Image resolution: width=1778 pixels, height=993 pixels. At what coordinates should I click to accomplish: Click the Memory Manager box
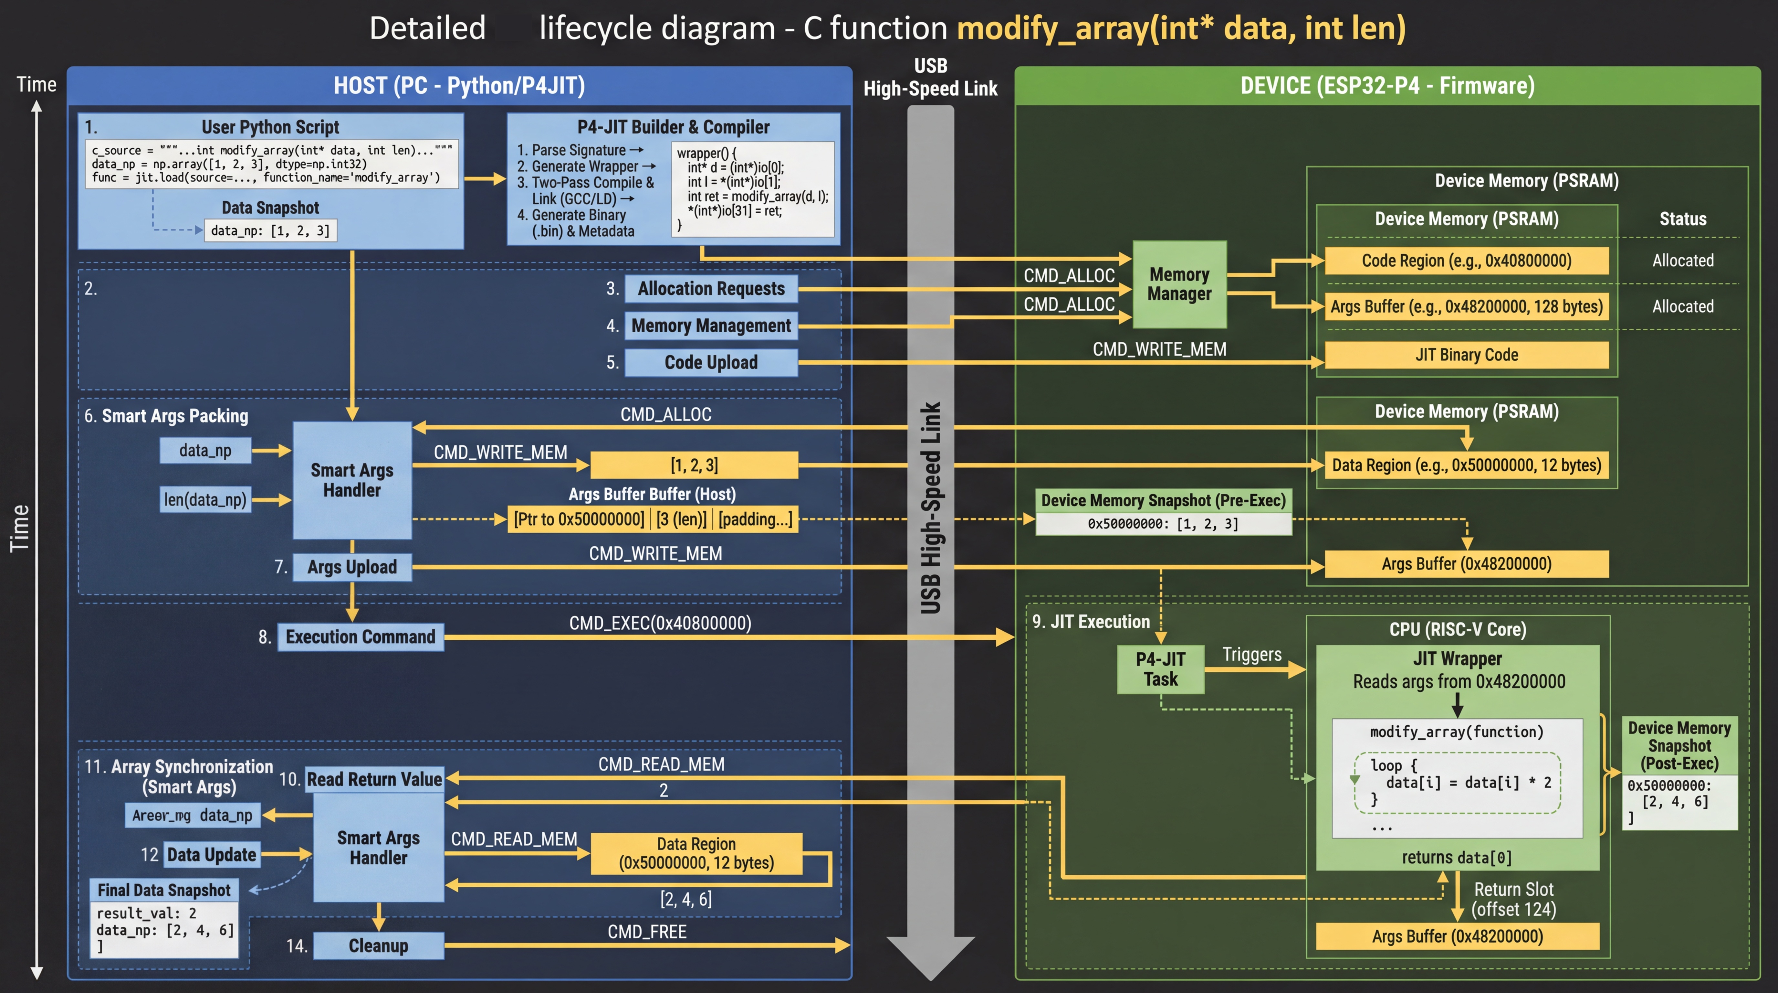pos(1180,284)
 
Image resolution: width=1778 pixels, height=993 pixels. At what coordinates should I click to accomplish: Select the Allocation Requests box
pos(711,289)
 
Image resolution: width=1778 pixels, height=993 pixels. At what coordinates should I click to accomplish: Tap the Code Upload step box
pos(711,363)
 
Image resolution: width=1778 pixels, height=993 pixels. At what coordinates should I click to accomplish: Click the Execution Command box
pos(360,637)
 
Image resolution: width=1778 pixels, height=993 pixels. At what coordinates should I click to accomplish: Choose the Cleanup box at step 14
pos(378,945)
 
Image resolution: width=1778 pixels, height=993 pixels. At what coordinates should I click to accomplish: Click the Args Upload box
pos(352,567)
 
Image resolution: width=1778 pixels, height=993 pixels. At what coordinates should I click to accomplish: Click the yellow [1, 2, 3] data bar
pos(694,465)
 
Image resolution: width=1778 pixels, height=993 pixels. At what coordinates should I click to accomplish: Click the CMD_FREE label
pos(647,932)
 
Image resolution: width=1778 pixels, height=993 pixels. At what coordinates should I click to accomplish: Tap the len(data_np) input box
pos(205,499)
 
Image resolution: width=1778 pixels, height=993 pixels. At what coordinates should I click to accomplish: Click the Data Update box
pos(211,854)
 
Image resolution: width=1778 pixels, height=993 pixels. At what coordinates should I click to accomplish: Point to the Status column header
pos(1683,219)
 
